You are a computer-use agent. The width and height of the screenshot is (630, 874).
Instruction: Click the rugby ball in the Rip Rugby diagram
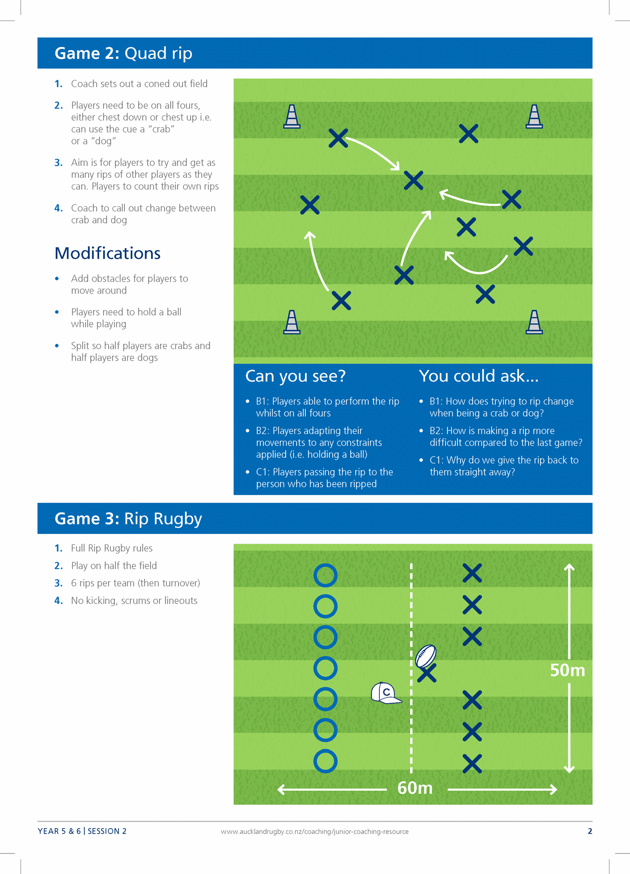(426, 655)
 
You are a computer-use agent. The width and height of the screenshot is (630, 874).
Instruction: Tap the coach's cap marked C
(385, 693)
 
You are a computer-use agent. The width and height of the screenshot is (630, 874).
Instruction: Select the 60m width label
(415, 788)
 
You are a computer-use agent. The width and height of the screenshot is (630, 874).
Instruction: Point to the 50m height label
(567, 670)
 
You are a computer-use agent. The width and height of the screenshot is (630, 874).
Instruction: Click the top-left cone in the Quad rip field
(292, 117)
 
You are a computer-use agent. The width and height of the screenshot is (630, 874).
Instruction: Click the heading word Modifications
(107, 253)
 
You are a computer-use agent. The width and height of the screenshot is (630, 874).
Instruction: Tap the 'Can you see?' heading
(295, 376)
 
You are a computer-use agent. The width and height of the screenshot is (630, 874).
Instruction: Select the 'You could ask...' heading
(478, 376)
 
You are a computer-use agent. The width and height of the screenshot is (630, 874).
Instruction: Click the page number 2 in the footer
(590, 831)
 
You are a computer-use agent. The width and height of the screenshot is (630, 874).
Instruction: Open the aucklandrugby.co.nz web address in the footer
(315, 832)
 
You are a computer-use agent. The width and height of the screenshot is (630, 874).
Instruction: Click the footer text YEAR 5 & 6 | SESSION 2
(82, 831)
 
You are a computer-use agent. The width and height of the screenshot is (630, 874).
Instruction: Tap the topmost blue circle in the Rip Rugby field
(325, 575)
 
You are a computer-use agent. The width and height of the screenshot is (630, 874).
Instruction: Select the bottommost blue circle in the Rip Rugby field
(325, 761)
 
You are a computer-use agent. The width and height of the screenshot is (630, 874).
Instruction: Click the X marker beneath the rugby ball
(427, 673)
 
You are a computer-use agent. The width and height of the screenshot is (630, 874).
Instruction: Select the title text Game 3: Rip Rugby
(128, 519)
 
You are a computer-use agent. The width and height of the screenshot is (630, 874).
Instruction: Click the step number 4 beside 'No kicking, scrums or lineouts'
(59, 601)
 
